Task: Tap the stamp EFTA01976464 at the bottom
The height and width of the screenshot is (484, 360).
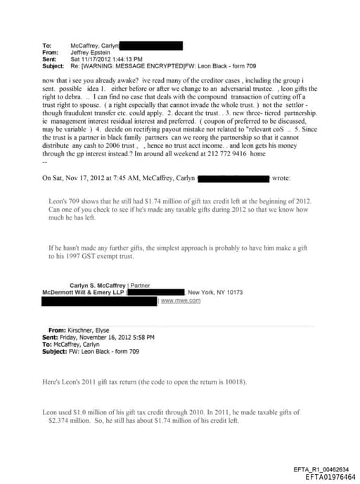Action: click(330, 476)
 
